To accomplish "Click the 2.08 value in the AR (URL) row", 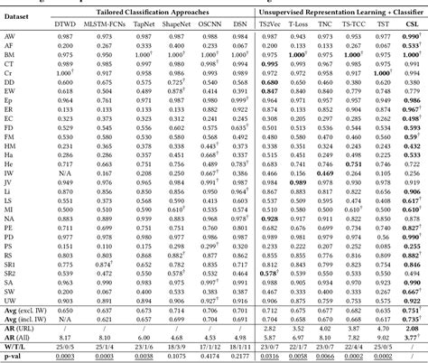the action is pos(411,325).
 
